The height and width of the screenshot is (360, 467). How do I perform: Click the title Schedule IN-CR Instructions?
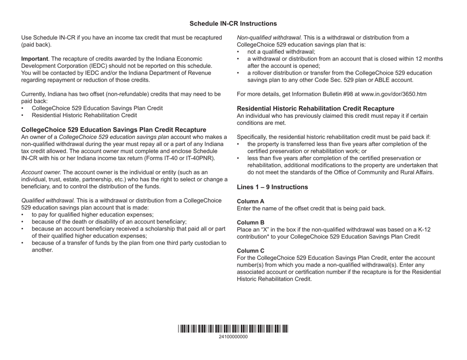(233, 24)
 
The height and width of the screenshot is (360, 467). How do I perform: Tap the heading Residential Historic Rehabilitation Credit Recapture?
(316, 109)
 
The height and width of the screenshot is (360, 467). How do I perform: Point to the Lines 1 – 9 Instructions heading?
(272, 187)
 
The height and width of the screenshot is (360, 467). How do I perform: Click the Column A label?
(251, 201)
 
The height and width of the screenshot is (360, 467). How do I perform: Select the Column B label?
(251, 222)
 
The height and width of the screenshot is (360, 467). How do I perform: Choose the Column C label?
(251, 250)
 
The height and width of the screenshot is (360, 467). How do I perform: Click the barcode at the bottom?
(233, 330)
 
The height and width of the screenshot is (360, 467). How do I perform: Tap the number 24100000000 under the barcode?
(233, 337)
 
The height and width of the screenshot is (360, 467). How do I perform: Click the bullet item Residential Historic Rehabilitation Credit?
(84, 115)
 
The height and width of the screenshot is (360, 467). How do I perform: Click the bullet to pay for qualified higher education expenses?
(92, 215)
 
